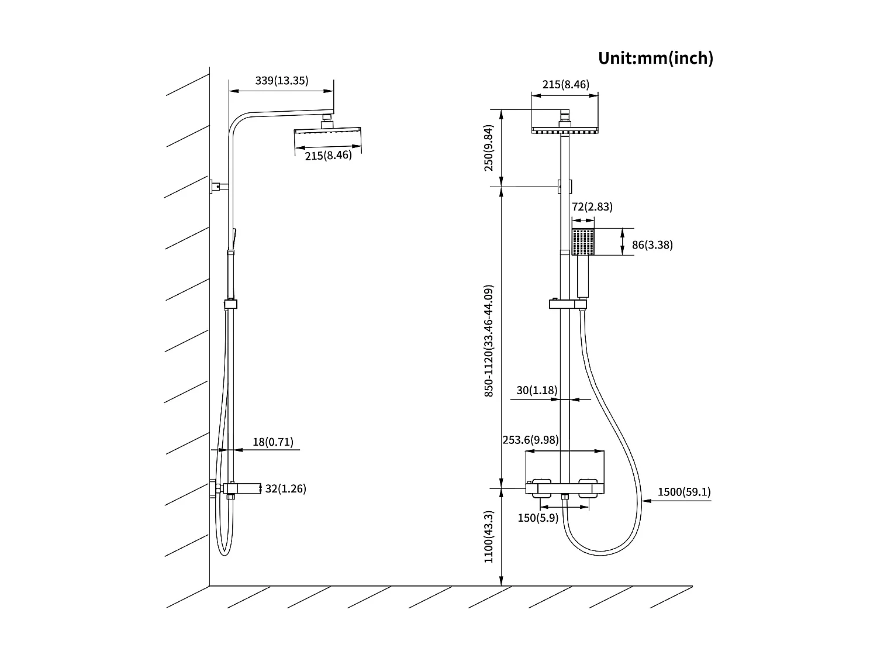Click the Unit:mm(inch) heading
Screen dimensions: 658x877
pos(655,58)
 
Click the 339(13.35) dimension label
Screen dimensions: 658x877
pos(281,80)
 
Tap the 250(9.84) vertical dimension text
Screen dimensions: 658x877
pos(489,147)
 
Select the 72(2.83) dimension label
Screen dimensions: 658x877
pos(584,206)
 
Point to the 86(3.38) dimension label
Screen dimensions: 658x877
pos(652,245)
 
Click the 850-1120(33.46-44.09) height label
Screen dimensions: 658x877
pos(489,341)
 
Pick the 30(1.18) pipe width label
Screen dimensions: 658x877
pos(537,390)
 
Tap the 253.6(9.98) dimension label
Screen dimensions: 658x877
pos(530,440)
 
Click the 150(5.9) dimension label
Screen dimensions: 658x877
pos(538,518)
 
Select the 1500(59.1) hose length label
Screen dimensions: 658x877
pos(684,492)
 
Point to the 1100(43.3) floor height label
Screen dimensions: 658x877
pos(489,537)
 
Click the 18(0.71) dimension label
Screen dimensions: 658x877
pos(273,442)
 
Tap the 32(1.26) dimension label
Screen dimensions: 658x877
pos(285,488)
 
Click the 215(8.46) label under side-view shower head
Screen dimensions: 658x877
pos(328,156)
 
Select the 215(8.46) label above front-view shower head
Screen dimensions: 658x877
pos(565,84)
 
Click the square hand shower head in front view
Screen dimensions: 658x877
pos(583,242)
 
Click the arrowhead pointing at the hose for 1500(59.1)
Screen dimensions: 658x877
pos(644,501)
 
